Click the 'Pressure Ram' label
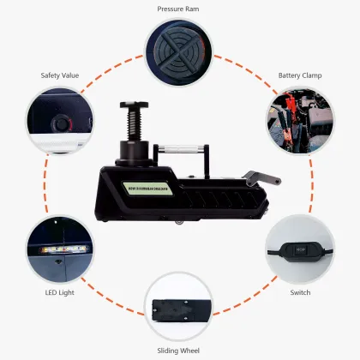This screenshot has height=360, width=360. (x=179, y=9)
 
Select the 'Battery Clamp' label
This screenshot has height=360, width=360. (x=299, y=75)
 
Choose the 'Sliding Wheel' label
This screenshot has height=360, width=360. (x=179, y=350)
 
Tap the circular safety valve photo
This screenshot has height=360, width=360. (x=60, y=120)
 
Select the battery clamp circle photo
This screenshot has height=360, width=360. (x=299, y=121)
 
